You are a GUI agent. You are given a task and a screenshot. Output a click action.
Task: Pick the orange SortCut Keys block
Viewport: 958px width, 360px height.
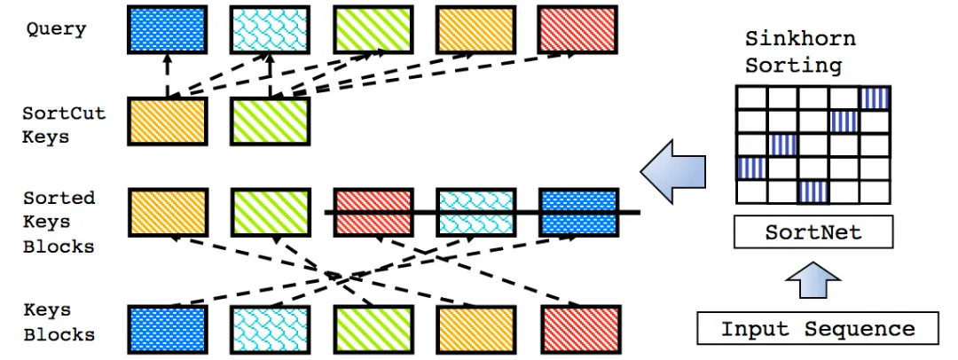tap(168, 121)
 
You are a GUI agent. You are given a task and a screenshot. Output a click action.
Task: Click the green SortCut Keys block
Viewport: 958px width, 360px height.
tap(270, 121)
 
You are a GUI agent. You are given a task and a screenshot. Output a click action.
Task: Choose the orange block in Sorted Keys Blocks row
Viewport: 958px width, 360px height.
tap(168, 212)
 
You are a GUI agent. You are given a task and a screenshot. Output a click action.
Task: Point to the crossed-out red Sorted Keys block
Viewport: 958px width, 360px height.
tap(373, 212)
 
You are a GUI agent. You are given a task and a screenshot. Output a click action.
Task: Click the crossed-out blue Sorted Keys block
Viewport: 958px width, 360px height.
tap(577, 212)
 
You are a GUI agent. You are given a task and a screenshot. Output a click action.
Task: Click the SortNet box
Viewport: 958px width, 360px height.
tap(813, 233)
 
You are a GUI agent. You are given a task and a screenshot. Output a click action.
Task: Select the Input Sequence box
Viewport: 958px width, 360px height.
tap(817, 329)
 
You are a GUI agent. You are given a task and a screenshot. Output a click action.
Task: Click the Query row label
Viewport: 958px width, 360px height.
tap(56, 29)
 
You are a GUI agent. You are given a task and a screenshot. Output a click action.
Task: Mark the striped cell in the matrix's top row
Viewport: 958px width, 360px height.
tap(874, 98)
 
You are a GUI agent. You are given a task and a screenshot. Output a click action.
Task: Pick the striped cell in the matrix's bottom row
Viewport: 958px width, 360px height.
tap(813, 191)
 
